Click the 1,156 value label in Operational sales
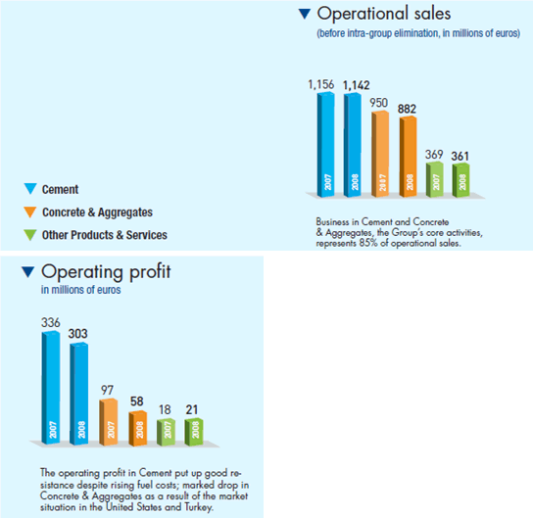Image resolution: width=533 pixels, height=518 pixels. pos(321,84)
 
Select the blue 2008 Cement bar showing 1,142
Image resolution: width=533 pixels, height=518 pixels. pos(352,145)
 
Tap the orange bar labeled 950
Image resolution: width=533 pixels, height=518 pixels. pos(380,154)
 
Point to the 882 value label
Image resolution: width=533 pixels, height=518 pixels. pos(407,109)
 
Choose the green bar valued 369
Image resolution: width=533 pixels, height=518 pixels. pos(435,179)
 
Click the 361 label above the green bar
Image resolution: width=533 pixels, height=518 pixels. pos(460,157)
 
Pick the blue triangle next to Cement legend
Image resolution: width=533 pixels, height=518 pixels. pos(30,189)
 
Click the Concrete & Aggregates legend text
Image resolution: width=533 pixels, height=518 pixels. pos(97,212)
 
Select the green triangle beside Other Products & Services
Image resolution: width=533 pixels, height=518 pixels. pos(30,235)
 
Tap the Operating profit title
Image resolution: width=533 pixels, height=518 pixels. pos(106,272)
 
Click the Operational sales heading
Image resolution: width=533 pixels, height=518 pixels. pos(384,14)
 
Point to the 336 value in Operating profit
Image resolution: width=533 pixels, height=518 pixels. pos(51,322)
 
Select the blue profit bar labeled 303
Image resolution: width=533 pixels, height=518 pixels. pos(78,394)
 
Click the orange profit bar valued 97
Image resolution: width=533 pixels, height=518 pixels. pos(109,422)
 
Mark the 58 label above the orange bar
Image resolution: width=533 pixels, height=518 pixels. pos(137,401)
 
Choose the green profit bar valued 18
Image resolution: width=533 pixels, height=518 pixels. pos(166,432)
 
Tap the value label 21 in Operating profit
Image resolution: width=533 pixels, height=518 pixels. pos(192,409)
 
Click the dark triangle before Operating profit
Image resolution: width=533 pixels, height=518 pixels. pos(28,272)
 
